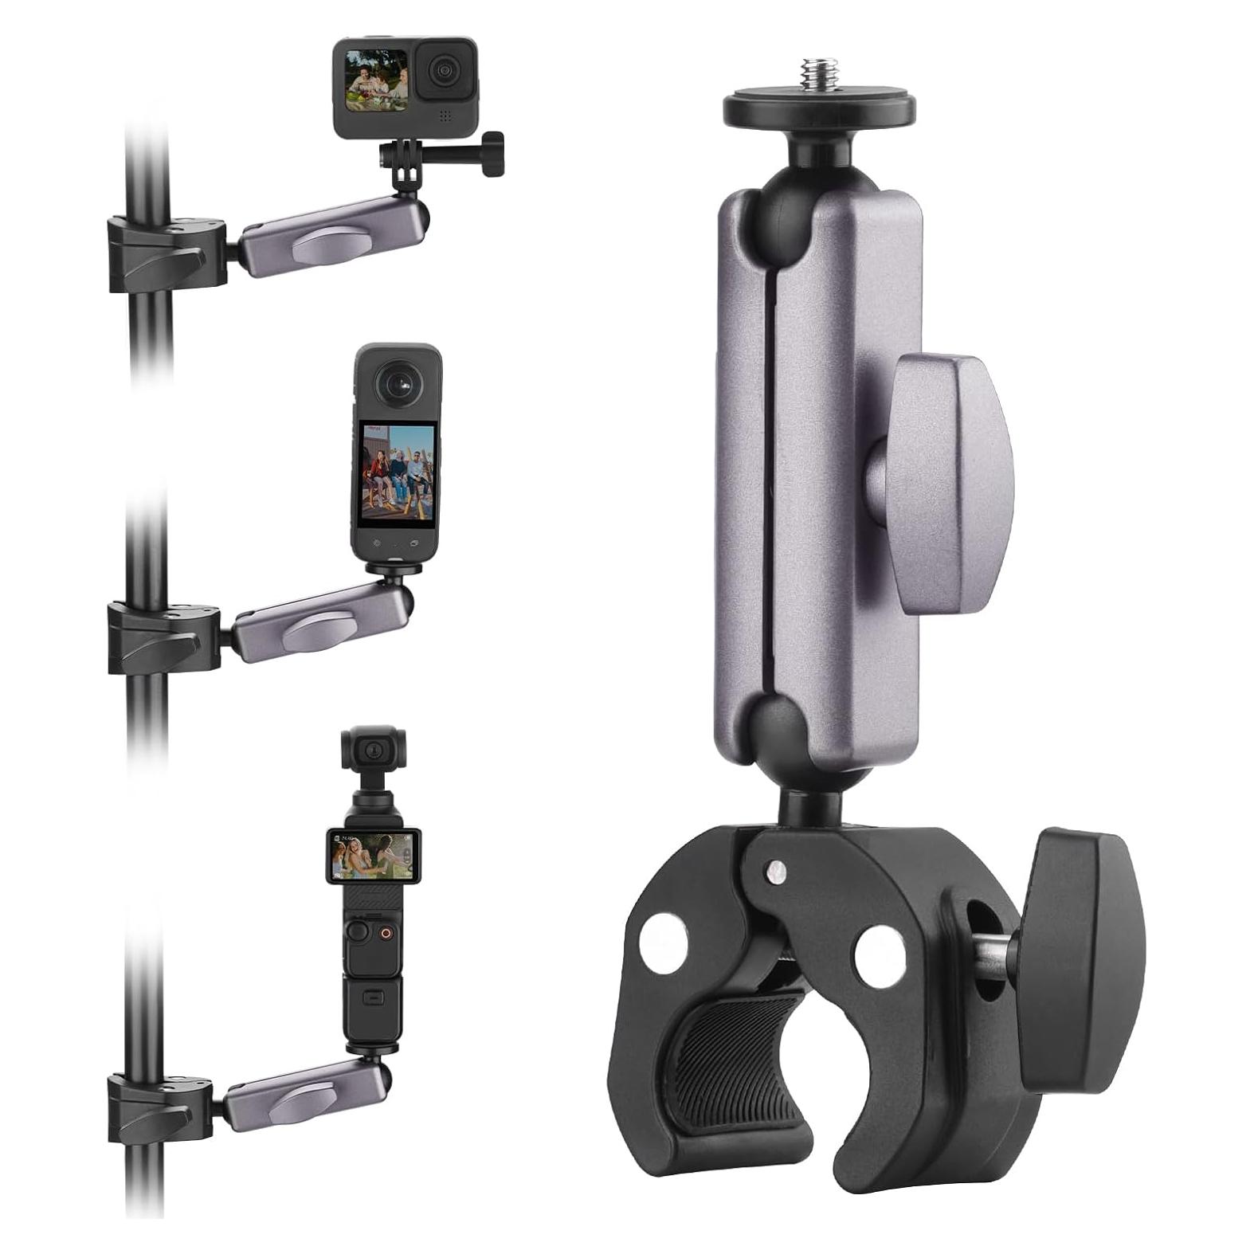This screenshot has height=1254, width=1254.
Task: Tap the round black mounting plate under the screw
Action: (x=818, y=108)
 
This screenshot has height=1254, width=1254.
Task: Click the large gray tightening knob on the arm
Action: (x=948, y=484)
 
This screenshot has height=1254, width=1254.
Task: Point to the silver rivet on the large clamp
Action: (x=771, y=868)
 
